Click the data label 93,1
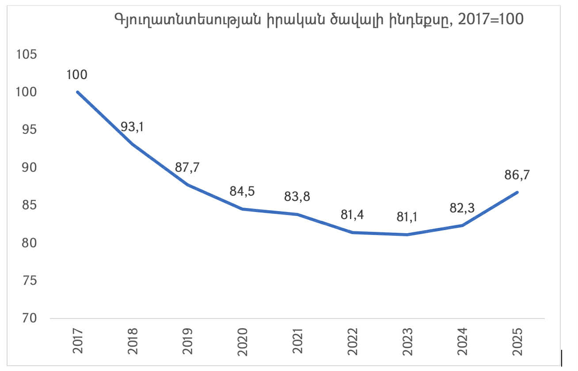[x=133, y=128]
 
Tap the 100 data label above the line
[x=77, y=74]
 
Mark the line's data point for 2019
[x=187, y=185]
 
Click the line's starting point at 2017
[x=78, y=92]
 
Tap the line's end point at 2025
[x=517, y=192]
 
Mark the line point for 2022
[x=352, y=232]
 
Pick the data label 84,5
[x=242, y=192]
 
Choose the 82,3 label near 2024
[x=462, y=208]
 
